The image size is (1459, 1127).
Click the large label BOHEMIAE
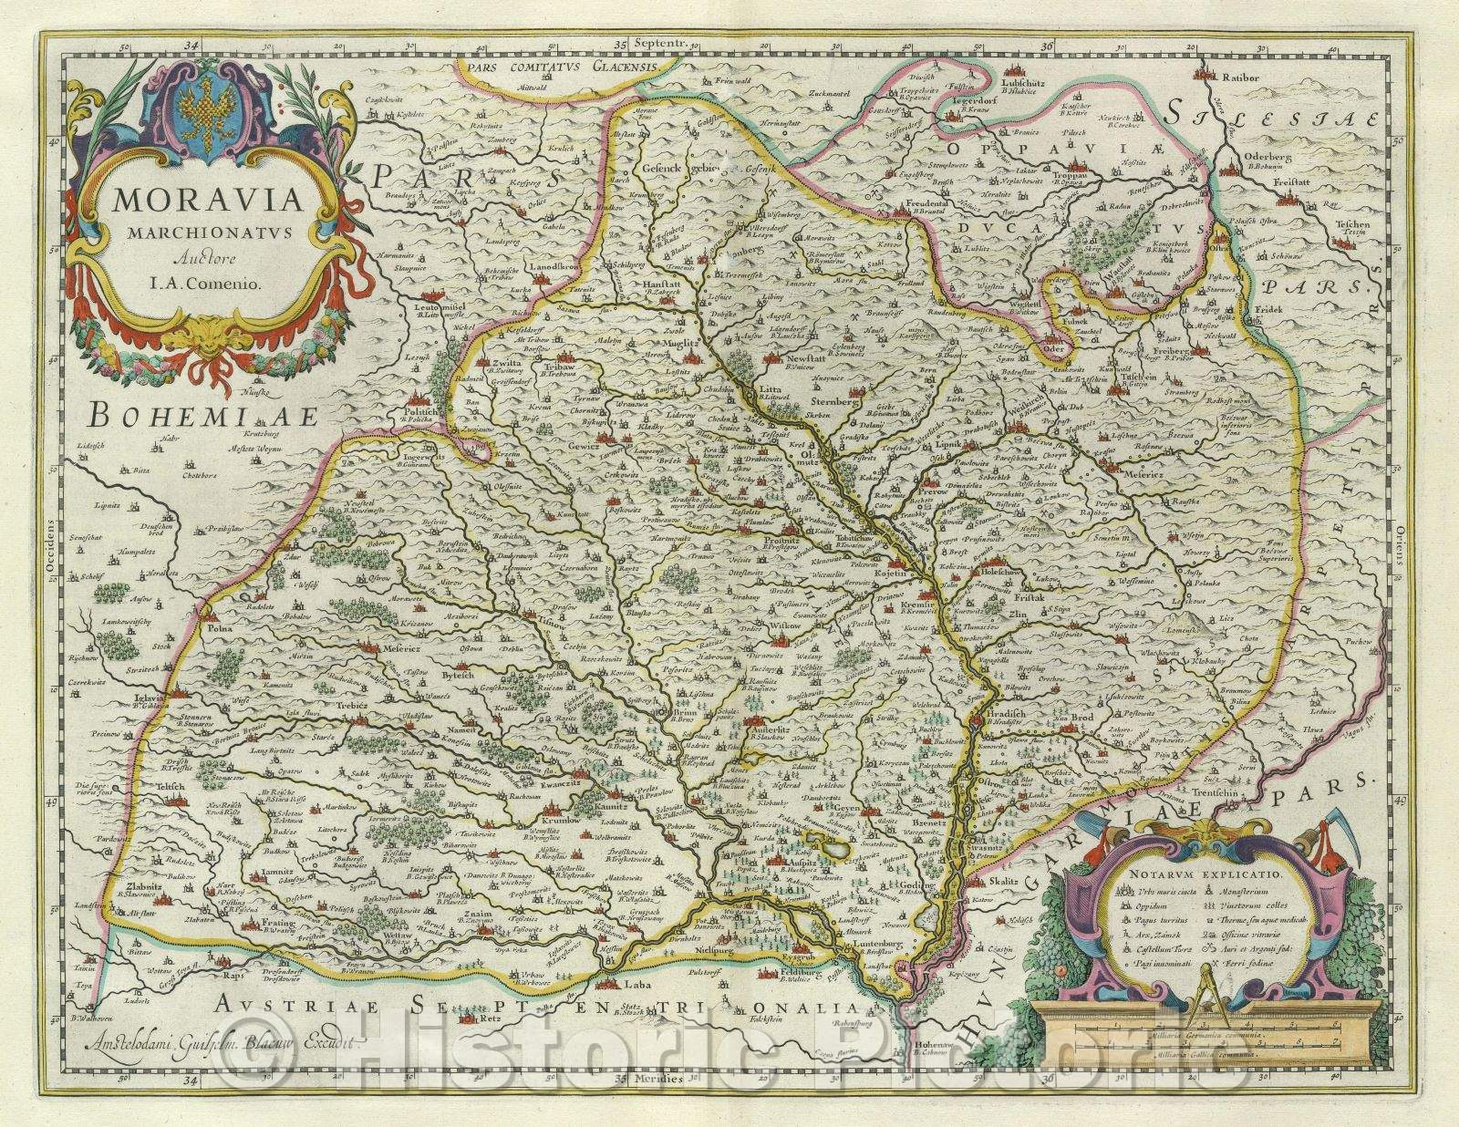202,418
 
